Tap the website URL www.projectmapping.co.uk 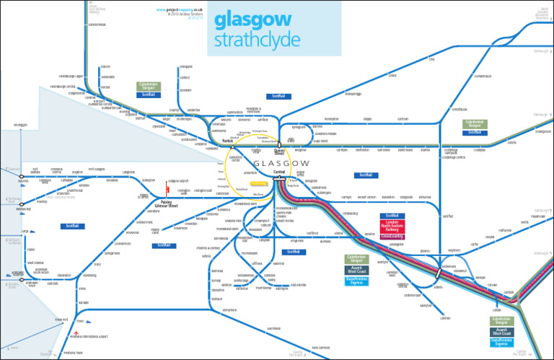pos(178,9)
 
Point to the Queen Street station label pos(280,152)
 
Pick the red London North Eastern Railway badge pos(392,226)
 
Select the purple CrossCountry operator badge pos(392,236)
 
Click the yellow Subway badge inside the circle pos(259,184)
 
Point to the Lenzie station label pos(392,74)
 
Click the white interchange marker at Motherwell pos(436,274)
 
